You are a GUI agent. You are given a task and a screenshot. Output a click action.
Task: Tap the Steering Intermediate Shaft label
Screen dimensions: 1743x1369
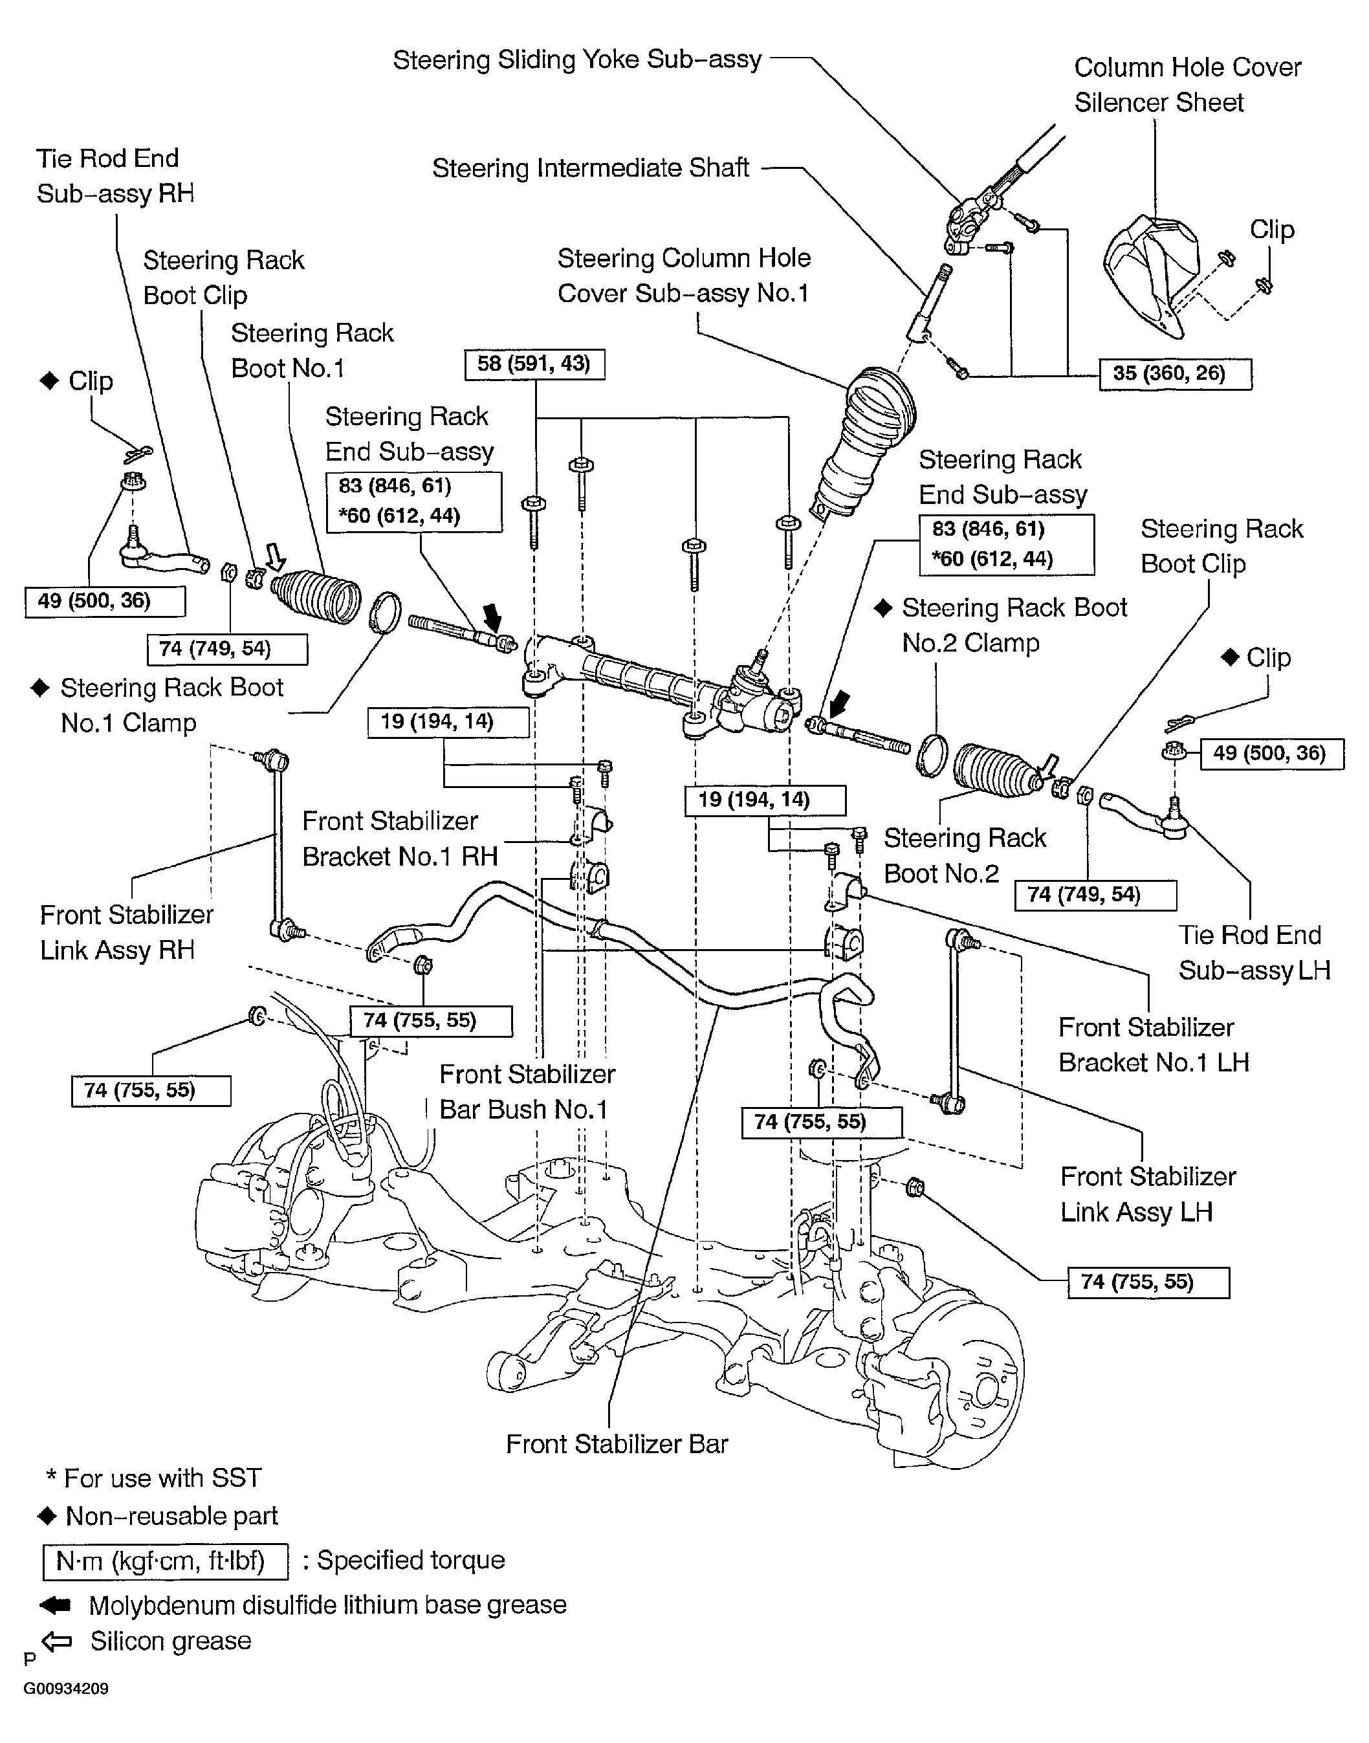click(x=591, y=168)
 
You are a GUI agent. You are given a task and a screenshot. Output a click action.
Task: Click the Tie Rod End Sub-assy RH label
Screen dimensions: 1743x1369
click(x=115, y=175)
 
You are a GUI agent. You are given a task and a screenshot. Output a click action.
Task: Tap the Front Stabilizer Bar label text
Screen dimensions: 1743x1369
click(x=617, y=1443)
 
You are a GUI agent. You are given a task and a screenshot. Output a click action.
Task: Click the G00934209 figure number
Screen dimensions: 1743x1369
click(x=66, y=1689)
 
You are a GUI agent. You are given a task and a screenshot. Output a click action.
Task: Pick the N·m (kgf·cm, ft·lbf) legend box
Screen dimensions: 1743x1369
click(x=164, y=1561)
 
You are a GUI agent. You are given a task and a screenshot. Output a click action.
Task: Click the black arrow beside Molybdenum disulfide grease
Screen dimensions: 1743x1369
click(x=55, y=1605)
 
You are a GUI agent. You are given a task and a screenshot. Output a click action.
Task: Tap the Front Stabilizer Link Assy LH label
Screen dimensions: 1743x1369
click(x=1147, y=1194)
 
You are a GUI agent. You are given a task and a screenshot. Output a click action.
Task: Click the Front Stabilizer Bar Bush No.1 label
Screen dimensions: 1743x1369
click(x=527, y=1091)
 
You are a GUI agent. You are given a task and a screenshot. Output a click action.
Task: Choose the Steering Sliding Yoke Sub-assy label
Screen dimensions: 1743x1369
click(x=577, y=60)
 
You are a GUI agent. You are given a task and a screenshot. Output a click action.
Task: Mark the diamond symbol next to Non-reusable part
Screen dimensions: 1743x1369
click(x=47, y=1515)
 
